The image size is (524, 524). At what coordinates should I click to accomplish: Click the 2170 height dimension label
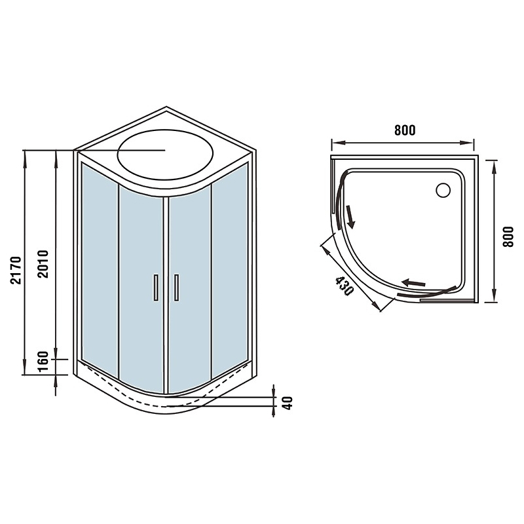(x=16, y=271)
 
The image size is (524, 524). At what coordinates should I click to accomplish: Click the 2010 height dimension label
(x=43, y=264)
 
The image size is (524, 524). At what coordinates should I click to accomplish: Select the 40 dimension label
(x=288, y=403)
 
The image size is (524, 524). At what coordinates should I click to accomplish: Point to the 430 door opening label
(x=344, y=286)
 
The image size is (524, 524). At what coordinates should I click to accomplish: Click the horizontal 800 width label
(x=405, y=130)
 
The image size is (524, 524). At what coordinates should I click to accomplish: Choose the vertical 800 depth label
(x=508, y=237)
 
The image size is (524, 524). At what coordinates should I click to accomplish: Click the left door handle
(x=156, y=288)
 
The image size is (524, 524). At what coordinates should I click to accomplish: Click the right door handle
(x=176, y=288)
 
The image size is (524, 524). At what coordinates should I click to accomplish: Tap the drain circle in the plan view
(x=443, y=191)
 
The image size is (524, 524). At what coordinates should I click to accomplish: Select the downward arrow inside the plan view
(x=350, y=217)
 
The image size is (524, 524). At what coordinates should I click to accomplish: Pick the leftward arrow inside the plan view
(x=413, y=283)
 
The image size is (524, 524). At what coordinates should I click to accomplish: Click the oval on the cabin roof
(x=165, y=155)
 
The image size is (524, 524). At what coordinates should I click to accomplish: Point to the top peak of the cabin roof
(x=166, y=107)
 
